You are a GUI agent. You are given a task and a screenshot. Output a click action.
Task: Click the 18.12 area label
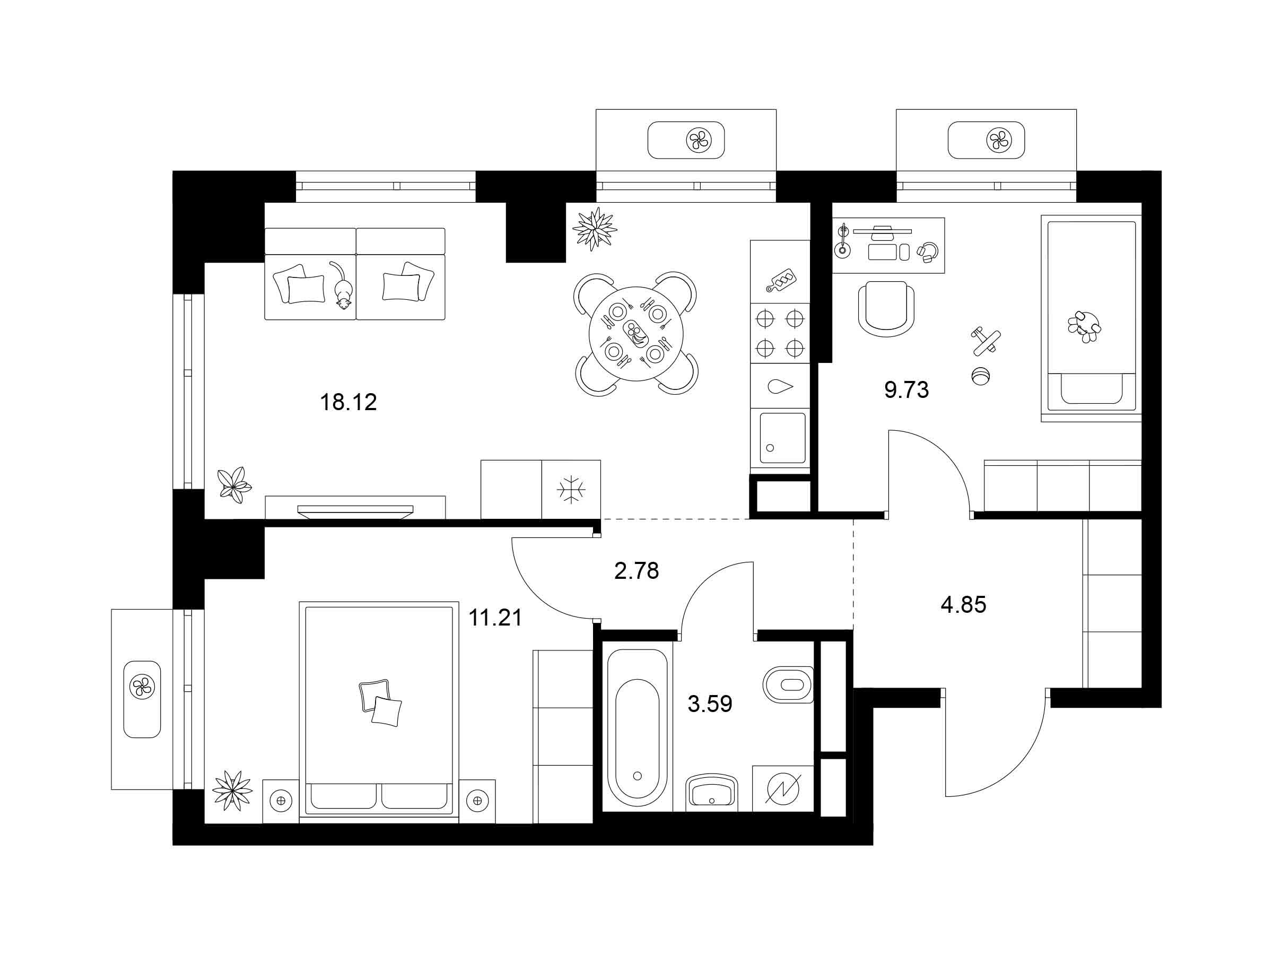(348, 402)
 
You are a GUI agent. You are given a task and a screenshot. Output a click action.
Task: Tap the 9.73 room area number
(906, 390)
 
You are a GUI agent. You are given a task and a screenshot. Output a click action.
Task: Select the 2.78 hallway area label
(636, 570)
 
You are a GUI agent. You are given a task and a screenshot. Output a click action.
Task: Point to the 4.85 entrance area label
(963, 604)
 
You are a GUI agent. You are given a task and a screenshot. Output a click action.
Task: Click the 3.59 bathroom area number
(710, 704)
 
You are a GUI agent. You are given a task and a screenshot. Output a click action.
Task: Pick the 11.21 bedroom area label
(495, 618)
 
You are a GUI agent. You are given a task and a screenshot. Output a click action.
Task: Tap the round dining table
(635, 334)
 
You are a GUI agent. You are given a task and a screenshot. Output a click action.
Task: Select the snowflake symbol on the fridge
(571, 489)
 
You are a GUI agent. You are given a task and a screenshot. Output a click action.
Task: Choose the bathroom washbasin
(712, 792)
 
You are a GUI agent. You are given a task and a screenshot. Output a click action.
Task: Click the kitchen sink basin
(783, 438)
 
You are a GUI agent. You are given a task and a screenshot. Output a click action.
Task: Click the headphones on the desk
(927, 252)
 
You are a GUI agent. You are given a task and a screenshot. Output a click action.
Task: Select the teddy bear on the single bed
(1084, 327)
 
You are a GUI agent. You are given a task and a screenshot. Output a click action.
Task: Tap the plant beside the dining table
(595, 229)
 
